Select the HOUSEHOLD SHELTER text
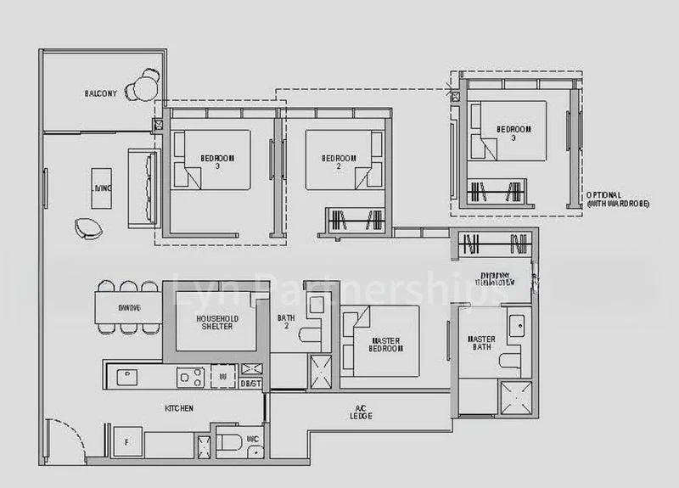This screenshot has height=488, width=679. click(x=216, y=323)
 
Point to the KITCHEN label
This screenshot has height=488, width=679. click(x=179, y=408)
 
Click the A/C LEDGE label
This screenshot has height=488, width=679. click(x=358, y=413)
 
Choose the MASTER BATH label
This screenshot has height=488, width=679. click(x=482, y=344)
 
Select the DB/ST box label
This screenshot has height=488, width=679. click(x=250, y=384)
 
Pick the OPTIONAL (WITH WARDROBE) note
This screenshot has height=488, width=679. click(x=615, y=199)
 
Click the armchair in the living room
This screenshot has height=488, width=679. click(x=87, y=227)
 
